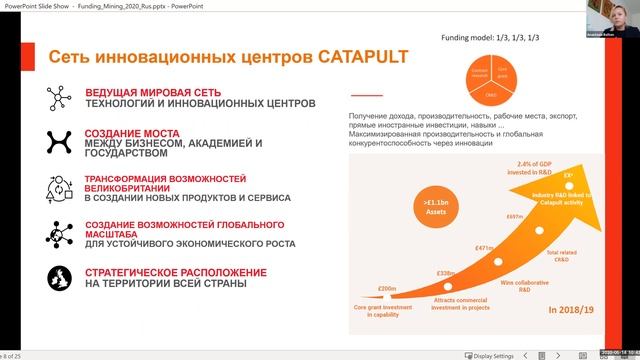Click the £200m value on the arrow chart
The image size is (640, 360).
click(388, 289)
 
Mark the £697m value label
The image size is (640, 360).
click(515, 216)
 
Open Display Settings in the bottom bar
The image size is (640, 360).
click(493, 354)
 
